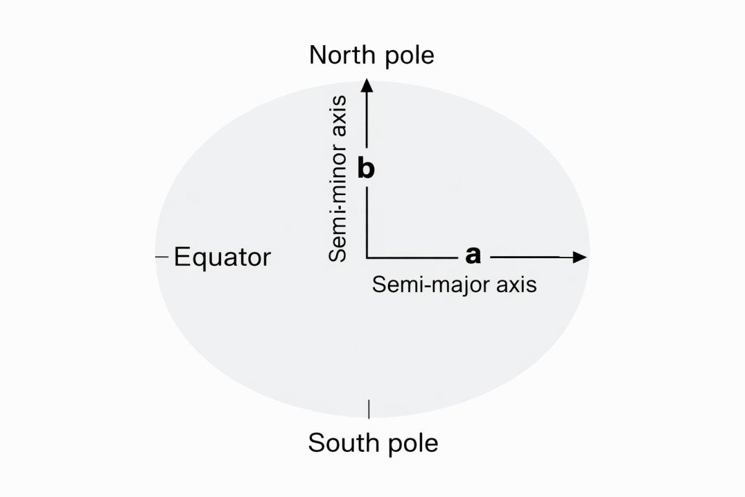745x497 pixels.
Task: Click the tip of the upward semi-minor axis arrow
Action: [367, 78]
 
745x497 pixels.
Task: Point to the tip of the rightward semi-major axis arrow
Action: [587, 257]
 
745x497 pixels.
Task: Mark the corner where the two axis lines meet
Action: [367, 258]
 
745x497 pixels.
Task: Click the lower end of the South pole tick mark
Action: [369, 419]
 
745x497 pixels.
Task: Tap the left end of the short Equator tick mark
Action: [157, 257]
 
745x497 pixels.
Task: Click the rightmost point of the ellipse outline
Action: [590, 249]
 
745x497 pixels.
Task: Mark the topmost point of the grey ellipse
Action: [373, 81]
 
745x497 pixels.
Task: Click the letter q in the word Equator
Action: [200, 260]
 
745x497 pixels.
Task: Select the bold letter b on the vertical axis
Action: [366, 169]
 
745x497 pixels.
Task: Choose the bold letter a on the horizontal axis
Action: [473, 255]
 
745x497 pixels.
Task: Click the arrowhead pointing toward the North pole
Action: [367, 85]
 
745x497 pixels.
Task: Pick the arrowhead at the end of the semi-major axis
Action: [580, 257]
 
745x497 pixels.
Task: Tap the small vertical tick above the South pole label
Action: [369, 410]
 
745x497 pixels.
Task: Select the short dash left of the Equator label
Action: [162, 257]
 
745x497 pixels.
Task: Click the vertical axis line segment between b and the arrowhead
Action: [367, 119]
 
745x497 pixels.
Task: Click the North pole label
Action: [371, 56]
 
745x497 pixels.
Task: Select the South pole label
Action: [373, 443]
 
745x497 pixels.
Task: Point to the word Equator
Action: [222, 258]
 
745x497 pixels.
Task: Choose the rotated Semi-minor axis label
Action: [338, 178]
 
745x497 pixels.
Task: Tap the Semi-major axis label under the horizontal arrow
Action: [454, 285]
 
